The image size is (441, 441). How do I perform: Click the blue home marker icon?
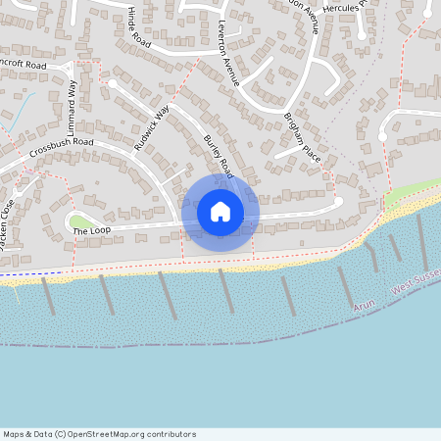click(220, 212)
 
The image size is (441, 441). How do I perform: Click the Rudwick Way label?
click(152, 126)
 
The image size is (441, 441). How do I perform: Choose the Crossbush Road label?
click(61, 148)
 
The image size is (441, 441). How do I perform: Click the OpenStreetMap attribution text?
click(99, 434)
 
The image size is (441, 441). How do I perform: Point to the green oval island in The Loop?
click(79, 220)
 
